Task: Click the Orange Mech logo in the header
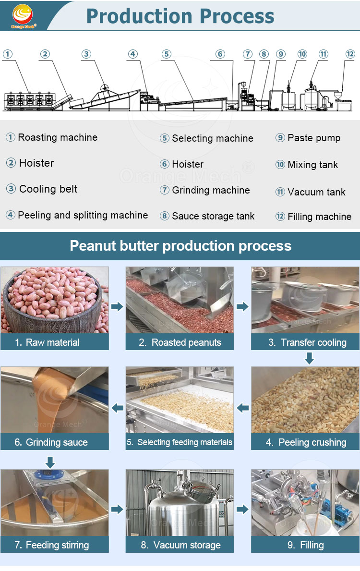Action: pyautogui.click(x=23, y=16)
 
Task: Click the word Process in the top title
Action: pyautogui.click(x=237, y=16)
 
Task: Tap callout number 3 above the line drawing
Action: pyautogui.click(x=86, y=54)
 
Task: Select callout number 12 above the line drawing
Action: pyautogui.click(x=350, y=54)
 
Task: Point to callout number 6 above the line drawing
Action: pyautogui.click(x=220, y=54)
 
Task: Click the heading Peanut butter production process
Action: pyautogui.click(x=180, y=246)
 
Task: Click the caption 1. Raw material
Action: pyautogui.click(x=48, y=342)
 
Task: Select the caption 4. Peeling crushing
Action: pyautogui.click(x=306, y=442)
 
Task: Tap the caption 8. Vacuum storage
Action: pyautogui.click(x=180, y=545)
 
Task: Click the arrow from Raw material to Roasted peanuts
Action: pyautogui.click(x=117, y=306)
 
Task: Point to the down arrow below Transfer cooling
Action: pyautogui.click(x=310, y=358)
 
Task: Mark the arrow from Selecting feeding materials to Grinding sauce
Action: pyautogui.click(x=117, y=408)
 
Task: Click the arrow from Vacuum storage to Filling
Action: pyautogui.click(x=242, y=509)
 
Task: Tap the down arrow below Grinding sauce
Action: pyautogui.click(x=50, y=462)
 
